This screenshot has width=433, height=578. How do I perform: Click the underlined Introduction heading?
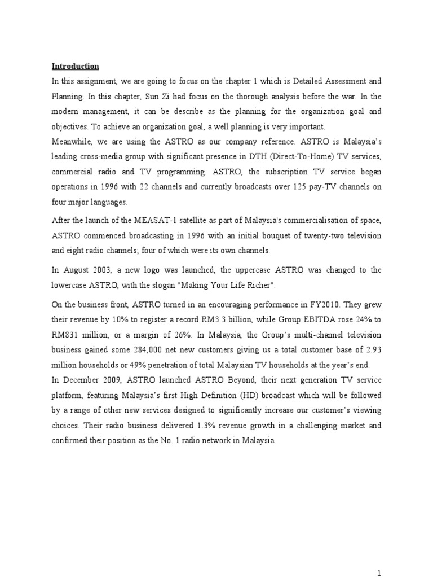pyautogui.click(x=76, y=66)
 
